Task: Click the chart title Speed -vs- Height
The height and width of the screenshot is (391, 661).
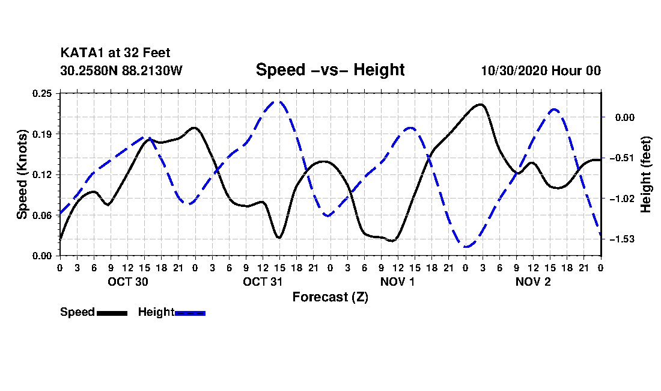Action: [330, 70]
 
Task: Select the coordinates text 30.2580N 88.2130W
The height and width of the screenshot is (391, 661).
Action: [121, 70]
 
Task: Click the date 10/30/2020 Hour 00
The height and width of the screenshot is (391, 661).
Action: [541, 70]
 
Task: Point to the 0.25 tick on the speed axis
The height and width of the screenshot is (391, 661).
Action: [42, 93]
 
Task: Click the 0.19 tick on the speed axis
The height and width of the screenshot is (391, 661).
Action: [42, 134]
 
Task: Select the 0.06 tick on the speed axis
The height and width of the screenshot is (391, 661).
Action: [42, 215]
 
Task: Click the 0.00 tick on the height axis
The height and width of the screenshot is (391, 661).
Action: [625, 117]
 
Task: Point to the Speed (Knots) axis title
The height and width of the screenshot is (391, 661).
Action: [22, 174]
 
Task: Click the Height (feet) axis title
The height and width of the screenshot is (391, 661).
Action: [645, 174]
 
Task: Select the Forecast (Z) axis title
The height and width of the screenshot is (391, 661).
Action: [330, 297]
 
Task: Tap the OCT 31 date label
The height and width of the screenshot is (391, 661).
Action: [263, 282]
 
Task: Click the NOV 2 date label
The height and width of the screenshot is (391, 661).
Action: [533, 282]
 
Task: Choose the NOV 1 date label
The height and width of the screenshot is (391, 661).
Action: [398, 282]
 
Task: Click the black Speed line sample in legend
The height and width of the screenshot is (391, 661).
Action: [112, 313]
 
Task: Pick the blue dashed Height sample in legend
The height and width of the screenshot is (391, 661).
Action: [190, 313]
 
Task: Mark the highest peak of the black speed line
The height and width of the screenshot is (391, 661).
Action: [481, 104]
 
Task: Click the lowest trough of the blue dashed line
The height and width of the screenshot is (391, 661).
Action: [466, 247]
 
